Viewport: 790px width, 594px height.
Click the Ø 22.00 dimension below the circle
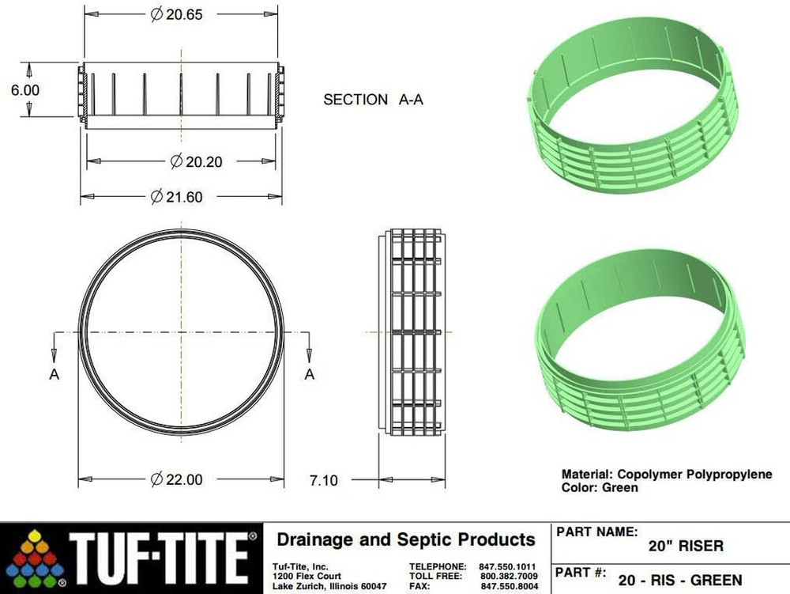pyautogui.click(x=177, y=479)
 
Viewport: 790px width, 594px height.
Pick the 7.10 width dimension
pyautogui.click(x=322, y=479)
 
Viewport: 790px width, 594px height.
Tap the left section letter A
pyautogui.click(x=55, y=374)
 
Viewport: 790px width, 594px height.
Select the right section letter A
pyautogui.click(x=310, y=374)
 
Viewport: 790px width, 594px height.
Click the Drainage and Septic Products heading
pyautogui.click(x=405, y=540)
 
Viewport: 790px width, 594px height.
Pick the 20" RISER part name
pyautogui.click(x=685, y=547)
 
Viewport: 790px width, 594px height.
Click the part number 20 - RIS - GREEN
pyautogui.click(x=680, y=581)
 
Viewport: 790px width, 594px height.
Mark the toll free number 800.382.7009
pyautogui.click(x=508, y=577)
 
